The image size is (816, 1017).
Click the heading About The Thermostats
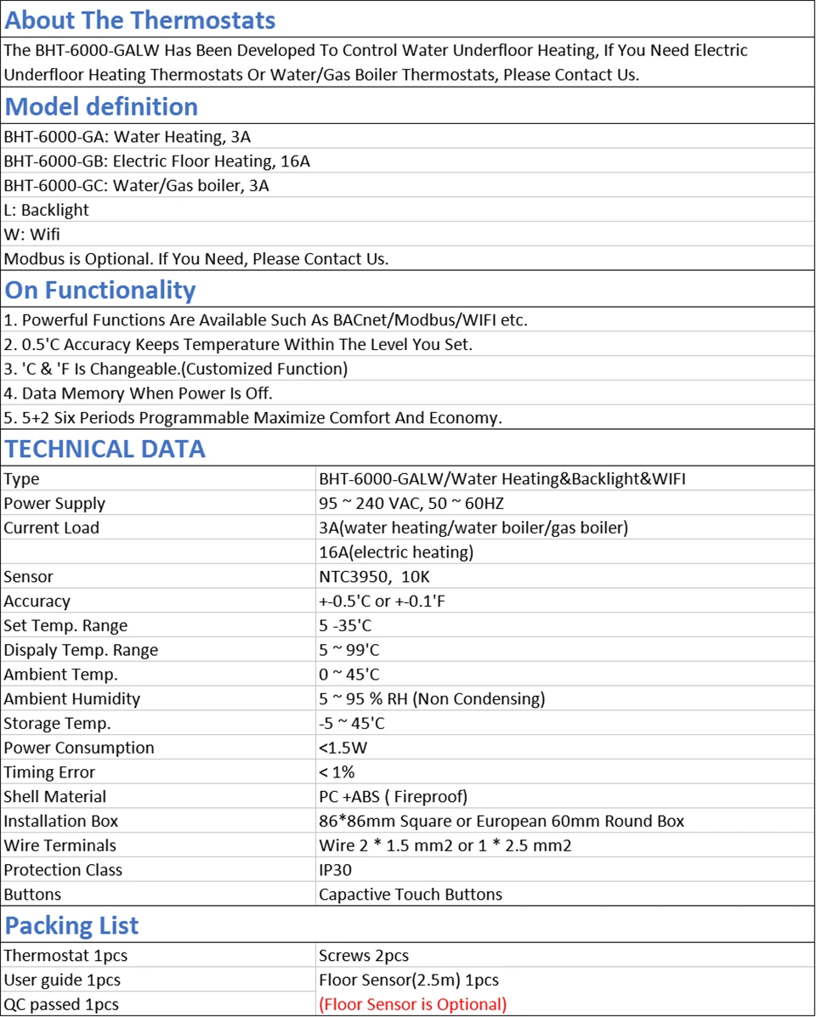[140, 20]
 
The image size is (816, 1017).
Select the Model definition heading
[101, 106]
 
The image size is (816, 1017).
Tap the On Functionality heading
[100, 290]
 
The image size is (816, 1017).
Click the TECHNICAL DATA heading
[105, 449]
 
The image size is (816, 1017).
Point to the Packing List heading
[71, 925]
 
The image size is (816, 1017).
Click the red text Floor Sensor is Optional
[412, 1004]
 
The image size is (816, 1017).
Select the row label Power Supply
[54, 504]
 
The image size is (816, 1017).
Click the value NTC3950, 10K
[376, 577]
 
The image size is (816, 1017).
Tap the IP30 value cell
[335, 870]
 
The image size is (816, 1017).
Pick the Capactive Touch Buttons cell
[410, 895]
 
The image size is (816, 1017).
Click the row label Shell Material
[55, 797]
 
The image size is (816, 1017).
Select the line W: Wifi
[32, 234]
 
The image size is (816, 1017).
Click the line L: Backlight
[47, 210]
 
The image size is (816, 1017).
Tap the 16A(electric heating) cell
[395, 552]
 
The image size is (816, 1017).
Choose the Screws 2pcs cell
[364, 956]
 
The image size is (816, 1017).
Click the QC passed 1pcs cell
[61, 1004]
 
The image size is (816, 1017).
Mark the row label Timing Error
[49, 772]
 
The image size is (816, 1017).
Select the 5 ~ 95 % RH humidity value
[431, 699]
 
